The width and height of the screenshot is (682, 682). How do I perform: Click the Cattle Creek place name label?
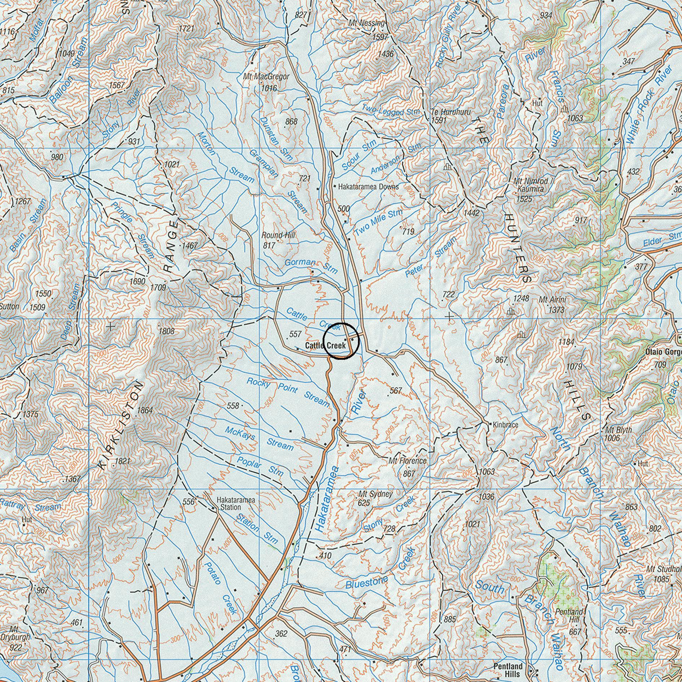click(325, 345)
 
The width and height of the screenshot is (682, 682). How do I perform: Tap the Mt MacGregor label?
click(266, 76)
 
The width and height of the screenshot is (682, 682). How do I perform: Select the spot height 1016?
click(268, 88)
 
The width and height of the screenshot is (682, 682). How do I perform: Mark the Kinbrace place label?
click(505, 425)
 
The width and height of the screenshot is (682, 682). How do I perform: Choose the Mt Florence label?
click(407, 461)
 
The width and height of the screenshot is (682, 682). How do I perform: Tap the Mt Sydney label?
click(375, 494)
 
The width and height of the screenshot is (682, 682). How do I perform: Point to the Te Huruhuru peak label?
click(451, 112)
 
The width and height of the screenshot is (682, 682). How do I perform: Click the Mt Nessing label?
click(367, 23)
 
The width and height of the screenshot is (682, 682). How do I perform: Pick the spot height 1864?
click(145, 410)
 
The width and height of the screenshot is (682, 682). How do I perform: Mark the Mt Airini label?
click(552, 300)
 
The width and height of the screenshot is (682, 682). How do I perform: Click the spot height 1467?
click(190, 246)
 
